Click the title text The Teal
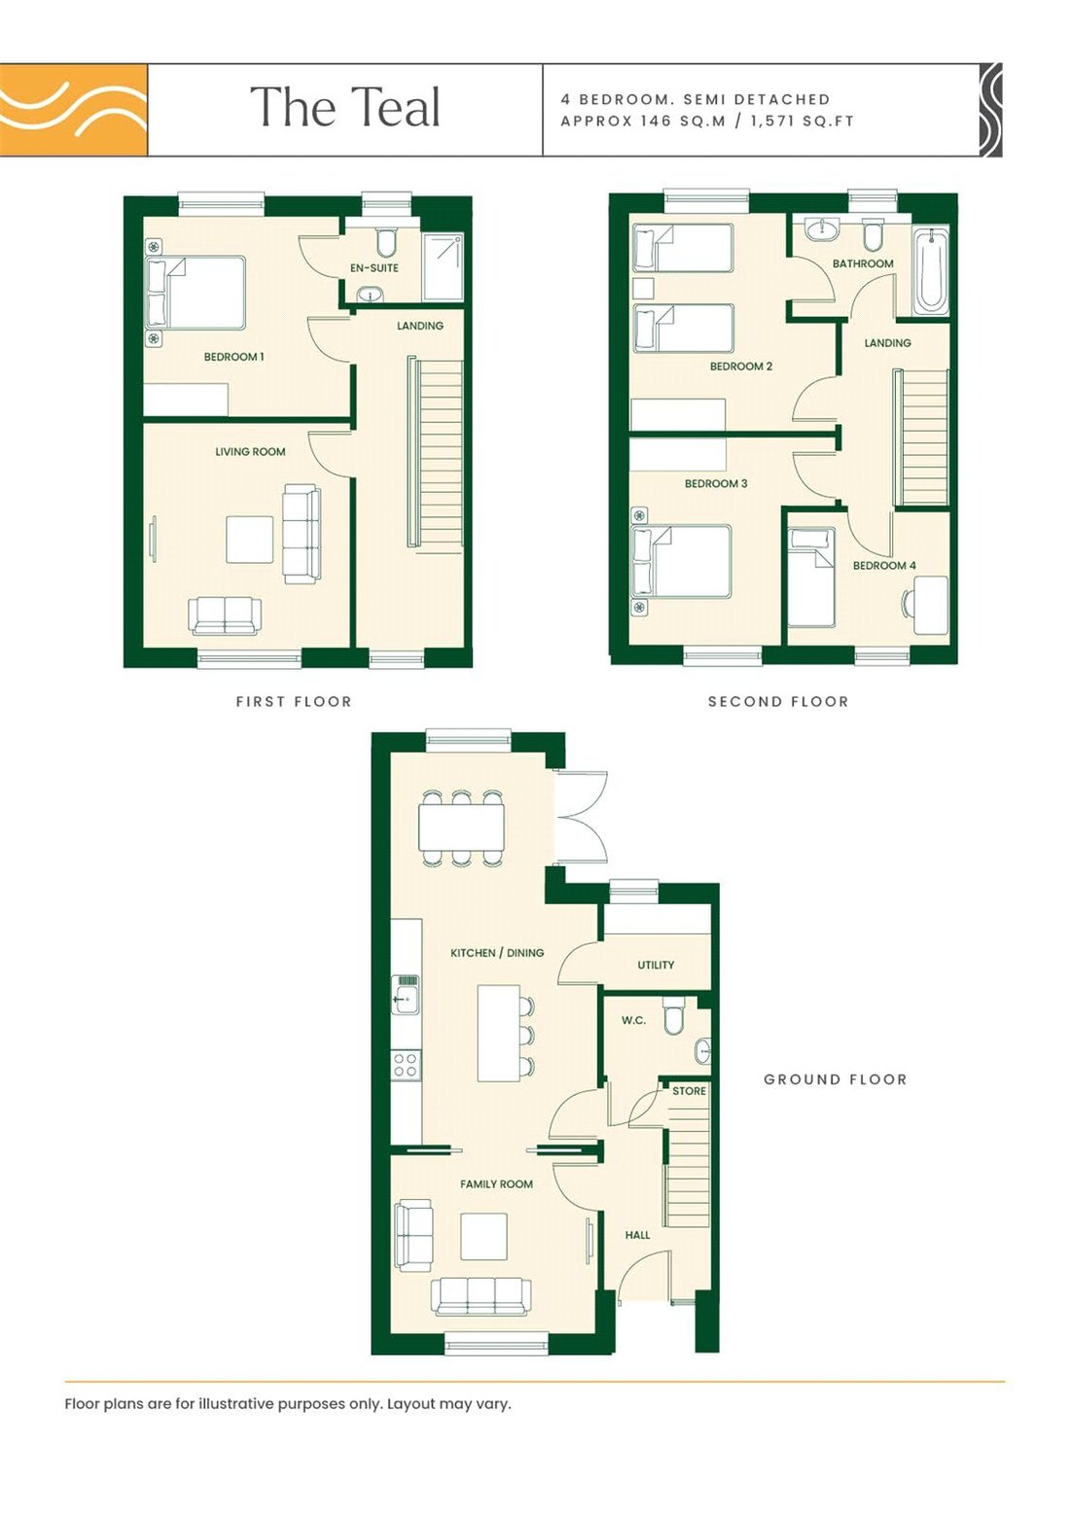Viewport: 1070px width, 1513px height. (x=345, y=107)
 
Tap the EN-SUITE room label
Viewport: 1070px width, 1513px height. (x=374, y=268)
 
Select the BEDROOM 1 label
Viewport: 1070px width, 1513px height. (x=233, y=357)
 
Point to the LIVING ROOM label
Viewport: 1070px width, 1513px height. (x=250, y=452)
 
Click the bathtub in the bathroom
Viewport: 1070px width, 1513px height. (x=930, y=271)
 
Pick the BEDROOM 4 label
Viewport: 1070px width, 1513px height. (x=884, y=565)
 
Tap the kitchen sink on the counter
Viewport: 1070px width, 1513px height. (x=406, y=995)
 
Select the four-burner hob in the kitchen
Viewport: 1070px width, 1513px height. (x=406, y=1065)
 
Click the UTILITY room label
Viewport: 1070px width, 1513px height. (x=656, y=966)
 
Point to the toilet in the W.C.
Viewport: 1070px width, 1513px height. (x=673, y=1015)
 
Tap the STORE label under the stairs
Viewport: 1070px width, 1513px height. (x=689, y=1091)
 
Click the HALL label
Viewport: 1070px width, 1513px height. (x=637, y=1236)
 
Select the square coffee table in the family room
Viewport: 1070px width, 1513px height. (x=483, y=1236)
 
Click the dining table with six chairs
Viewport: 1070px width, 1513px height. (x=461, y=827)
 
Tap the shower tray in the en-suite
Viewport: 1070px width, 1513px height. (x=444, y=266)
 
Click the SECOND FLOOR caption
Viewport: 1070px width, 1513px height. (x=777, y=702)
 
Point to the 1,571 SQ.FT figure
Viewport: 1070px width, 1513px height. (x=802, y=122)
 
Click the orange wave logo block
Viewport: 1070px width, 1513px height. (x=74, y=110)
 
